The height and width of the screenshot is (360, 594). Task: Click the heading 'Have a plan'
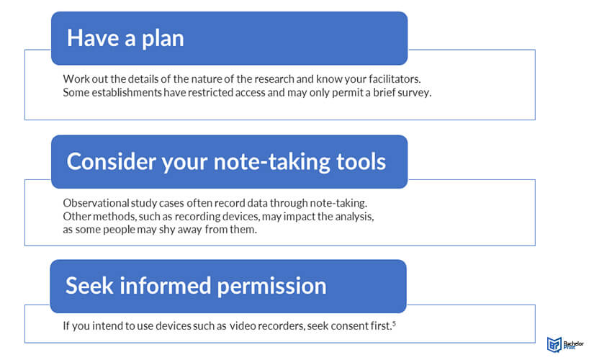pos(125,39)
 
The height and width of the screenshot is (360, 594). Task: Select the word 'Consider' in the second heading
pos(111,161)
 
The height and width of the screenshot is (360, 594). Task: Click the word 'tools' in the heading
pos(361,161)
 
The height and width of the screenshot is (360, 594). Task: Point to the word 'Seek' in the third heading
pos(89,285)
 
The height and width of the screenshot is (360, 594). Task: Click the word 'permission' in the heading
pos(271,287)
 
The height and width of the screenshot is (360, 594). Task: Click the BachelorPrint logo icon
pos(554,344)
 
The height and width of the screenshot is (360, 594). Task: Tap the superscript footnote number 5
pos(394,323)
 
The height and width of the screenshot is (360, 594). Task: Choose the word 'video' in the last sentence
pos(243,326)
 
